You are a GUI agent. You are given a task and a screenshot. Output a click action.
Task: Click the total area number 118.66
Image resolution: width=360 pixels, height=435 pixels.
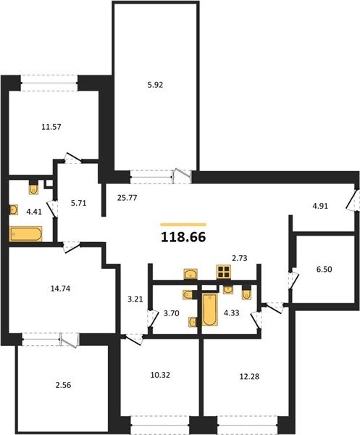(x=183, y=237)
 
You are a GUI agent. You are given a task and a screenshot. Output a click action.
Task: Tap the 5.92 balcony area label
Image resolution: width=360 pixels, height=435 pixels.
(x=155, y=85)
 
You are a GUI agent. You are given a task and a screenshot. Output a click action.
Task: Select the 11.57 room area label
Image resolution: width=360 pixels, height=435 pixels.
(x=51, y=127)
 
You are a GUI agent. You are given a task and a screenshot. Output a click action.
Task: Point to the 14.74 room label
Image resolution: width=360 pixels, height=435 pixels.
(x=60, y=289)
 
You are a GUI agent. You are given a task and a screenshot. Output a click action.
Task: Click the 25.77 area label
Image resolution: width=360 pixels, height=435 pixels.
(x=127, y=198)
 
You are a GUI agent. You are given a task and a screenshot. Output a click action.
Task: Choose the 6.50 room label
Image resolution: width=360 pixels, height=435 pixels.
(x=325, y=269)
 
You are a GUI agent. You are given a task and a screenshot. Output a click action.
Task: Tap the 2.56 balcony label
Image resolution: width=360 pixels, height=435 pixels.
(x=63, y=385)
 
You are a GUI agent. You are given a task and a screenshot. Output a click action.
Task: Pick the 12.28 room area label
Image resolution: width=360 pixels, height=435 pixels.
(x=249, y=377)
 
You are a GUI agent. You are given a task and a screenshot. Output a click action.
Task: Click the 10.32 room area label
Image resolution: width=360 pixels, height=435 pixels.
(x=160, y=375)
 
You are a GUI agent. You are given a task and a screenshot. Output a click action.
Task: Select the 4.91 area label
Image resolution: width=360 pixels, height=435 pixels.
(x=320, y=206)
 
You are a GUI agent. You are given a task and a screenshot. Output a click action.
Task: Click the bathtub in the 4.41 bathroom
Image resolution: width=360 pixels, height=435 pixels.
(x=26, y=234)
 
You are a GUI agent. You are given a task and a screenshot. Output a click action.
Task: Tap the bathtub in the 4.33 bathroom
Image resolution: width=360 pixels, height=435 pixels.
(x=210, y=310)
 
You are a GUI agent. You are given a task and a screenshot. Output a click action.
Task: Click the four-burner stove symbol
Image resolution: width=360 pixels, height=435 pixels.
(x=223, y=272)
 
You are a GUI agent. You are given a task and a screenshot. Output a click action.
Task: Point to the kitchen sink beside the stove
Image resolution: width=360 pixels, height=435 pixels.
(x=191, y=273)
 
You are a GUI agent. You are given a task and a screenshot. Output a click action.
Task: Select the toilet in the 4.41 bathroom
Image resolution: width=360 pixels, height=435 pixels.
(x=33, y=188)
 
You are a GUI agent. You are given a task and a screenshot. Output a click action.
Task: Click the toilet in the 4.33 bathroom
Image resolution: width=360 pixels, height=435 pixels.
(x=246, y=293)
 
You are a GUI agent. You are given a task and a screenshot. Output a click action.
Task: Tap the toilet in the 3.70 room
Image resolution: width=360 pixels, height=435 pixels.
(x=188, y=294)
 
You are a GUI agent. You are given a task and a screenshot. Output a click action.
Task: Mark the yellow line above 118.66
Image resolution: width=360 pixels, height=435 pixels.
(x=183, y=225)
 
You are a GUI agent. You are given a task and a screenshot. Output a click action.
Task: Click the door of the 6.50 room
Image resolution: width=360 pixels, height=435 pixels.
(x=293, y=279)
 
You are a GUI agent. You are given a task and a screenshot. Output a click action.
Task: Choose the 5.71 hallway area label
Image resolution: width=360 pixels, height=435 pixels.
(x=79, y=203)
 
